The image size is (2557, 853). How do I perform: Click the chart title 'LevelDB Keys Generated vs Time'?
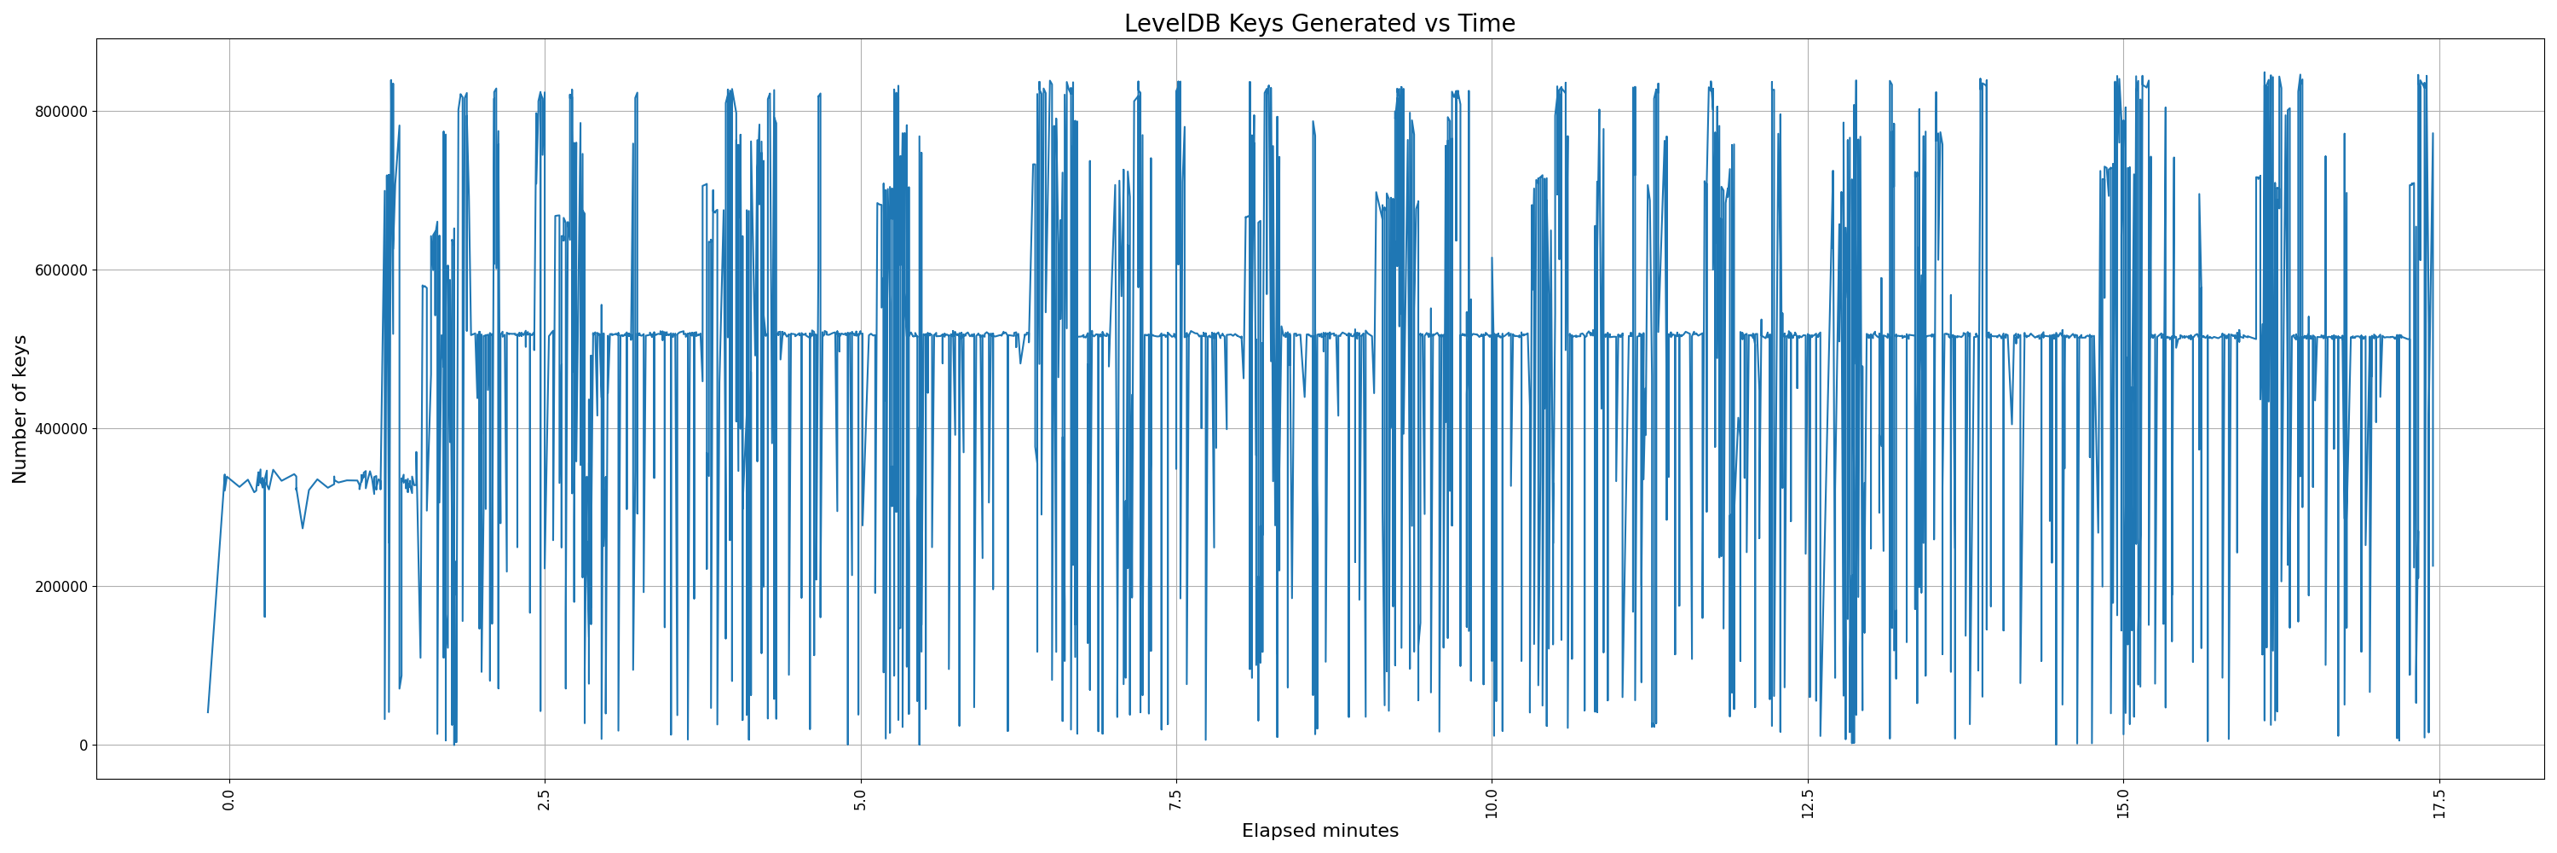coord(1319,23)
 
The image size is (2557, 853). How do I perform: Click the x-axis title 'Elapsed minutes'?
coord(1319,831)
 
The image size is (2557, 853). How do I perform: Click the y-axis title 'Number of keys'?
coord(20,409)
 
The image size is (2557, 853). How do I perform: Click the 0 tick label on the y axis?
coord(84,745)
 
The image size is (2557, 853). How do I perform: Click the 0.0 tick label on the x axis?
coord(229,799)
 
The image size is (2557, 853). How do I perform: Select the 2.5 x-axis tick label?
coord(545,799)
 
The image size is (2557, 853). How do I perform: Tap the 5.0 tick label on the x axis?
coord(861,799)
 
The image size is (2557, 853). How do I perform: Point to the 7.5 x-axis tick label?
coord(1176,799)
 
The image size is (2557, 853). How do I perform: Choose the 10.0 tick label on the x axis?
coord(1492,803)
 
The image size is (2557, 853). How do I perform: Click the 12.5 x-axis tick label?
coord(1808,803)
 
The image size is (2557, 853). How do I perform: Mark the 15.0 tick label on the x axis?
coord(2123,803)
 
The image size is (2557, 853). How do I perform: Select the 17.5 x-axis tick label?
coord(2439,803)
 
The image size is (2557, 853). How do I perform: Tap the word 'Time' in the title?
coord(1486,23)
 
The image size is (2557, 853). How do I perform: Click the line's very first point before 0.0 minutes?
coord(207,712)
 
